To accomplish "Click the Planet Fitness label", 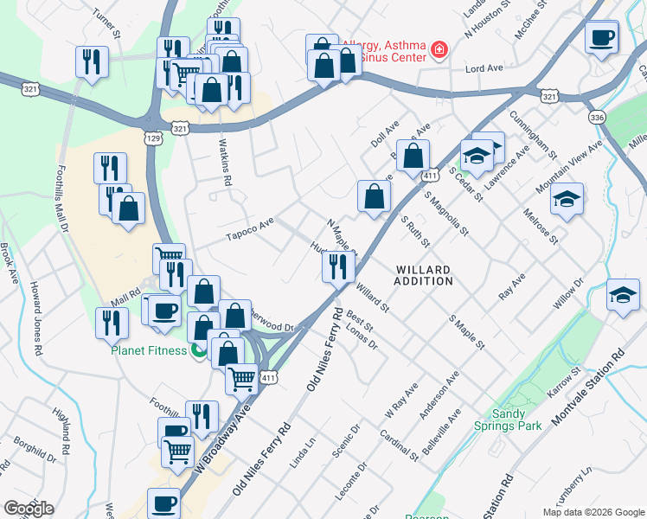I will pyautogui.click(x=148, y=350).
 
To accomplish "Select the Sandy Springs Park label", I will pyautogui.click(x=507, y=420).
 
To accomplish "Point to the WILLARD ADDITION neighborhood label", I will pyautogui.click(x=424, y=275).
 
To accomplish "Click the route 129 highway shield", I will pyautogui.click(x=152, y=138).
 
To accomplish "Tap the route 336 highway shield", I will pyautogui.click(x=595, y=116).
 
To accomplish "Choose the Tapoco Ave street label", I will pyautogui.click(x=249, y=229).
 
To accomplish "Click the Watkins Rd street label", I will pyautogui.click(x=228, y=165).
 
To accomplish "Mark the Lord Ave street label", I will pyautogui.click(x=484, y=67).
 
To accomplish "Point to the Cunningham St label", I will pyautogui.click(x=533, y=134).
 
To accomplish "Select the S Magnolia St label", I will pyautogui.click(x=445, y=213).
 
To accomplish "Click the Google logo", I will pyautogui.click(x=29, y=509).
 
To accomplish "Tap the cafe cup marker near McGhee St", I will pyautogui.click(x=601, y=38).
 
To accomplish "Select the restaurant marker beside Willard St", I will pyautogui.click(x=338, y=266).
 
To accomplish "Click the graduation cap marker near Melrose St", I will pyautogui.click(x=567, y=198).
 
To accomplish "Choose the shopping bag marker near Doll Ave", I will pyautogui.click(x=414, y=155).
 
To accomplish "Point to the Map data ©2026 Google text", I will pyautogui.click(x=593, y=512).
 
